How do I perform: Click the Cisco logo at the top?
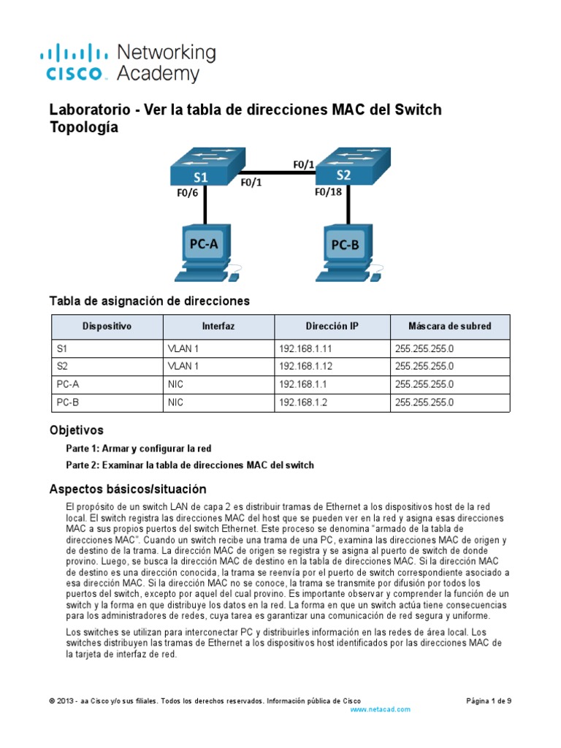pos(77,62)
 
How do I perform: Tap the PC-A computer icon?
pos(204,253)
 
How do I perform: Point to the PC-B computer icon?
pos(346,253)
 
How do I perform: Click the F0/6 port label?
pos(188,194)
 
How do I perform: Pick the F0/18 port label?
pos(329,193)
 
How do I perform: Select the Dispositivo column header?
pos(107,327)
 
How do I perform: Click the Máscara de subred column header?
pos(450,327)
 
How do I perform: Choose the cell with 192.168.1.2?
pos(302,402)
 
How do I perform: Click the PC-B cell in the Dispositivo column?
pos(69,402)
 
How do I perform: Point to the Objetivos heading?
pos(76,430)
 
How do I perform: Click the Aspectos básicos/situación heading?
pos(127,489)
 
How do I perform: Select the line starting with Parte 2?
pos(190,465)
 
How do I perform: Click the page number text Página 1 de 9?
pos(489,700)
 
